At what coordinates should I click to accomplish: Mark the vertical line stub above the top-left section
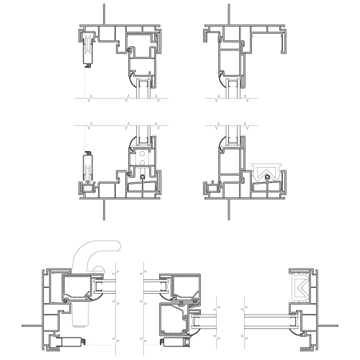[104, 14]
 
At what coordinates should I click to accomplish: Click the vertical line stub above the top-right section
[228, 14]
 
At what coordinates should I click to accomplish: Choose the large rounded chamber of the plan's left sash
[79, 288]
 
